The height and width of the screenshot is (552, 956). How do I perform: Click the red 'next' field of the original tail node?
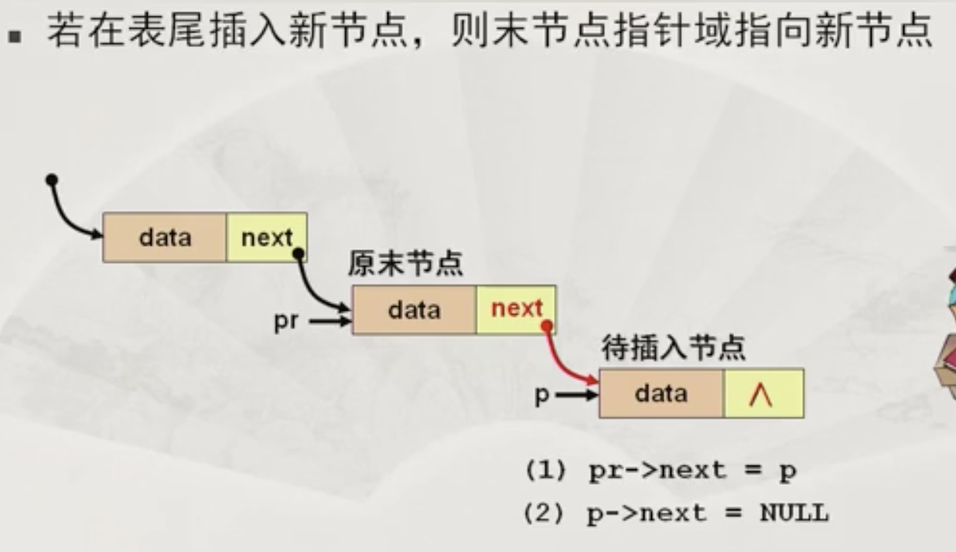[516, 309]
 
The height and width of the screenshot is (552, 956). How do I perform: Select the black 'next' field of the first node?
[267, 237]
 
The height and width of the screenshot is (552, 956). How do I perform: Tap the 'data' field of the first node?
[165, 237]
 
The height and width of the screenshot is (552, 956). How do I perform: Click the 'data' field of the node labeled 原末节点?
[414, 309]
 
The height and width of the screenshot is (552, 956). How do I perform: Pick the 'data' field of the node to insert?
[661, 394]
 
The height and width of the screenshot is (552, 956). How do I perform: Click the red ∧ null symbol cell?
[763, 394]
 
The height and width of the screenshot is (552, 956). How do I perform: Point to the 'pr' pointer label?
[285, 321]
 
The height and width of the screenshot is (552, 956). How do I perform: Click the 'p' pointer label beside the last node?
[542, 395]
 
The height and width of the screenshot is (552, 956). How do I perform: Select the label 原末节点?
[405, 264]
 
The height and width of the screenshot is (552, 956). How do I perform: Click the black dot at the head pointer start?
[52, 180]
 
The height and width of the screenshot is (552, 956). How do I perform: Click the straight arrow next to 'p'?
[577, 395]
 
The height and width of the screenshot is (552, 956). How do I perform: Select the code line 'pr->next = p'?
[691, 471]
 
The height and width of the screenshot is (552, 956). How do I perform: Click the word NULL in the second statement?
[794, 512]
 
